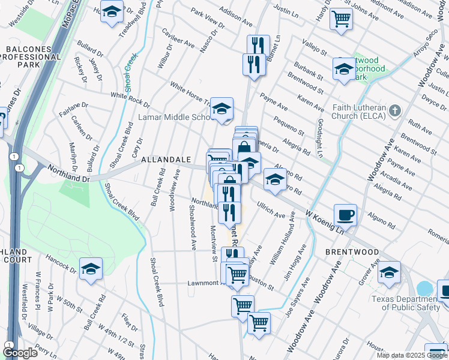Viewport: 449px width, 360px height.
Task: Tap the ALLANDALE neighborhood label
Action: tap(166, 160)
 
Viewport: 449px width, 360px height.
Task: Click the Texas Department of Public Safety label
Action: tap(409, 304)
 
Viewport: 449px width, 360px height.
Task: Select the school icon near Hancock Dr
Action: tap(91, 268)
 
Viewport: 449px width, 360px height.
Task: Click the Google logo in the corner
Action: tap(20, 353)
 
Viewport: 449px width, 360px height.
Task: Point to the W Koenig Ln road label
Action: tap(327, 221)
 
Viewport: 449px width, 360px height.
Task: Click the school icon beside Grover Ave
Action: tap(389, 272)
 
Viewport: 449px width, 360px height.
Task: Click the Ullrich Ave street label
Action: tap(272, 212)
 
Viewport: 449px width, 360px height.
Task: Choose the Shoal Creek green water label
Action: tap(130, 71)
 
